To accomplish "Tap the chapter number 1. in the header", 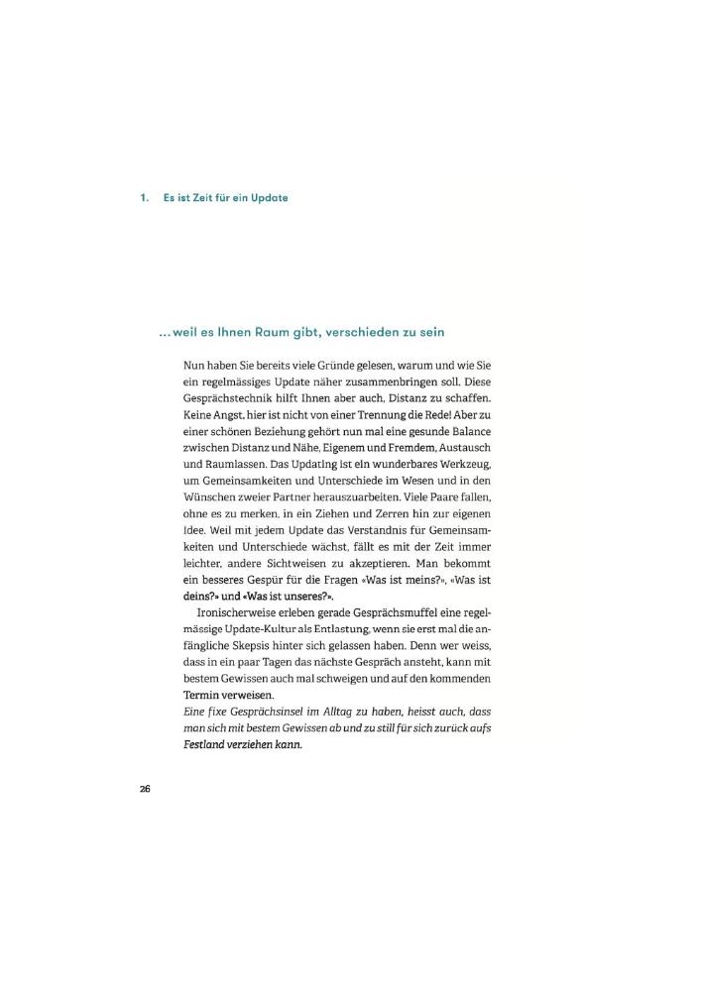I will tap(145, 197).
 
